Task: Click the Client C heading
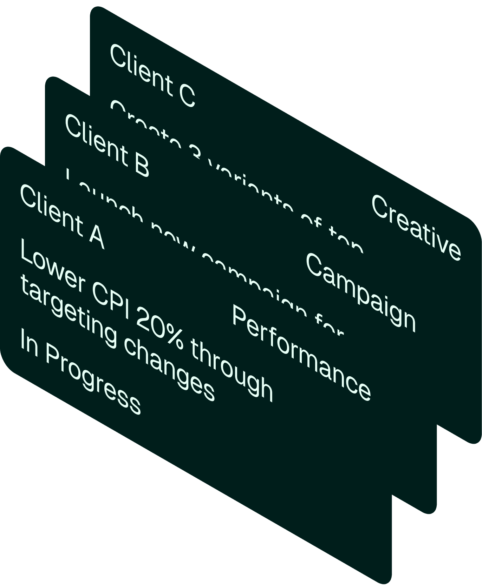coord(152,75)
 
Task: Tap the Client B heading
coord(107,145)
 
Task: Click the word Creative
coord(416,228)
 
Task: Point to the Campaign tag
coord(361,292)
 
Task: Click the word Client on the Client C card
coord(140,69)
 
